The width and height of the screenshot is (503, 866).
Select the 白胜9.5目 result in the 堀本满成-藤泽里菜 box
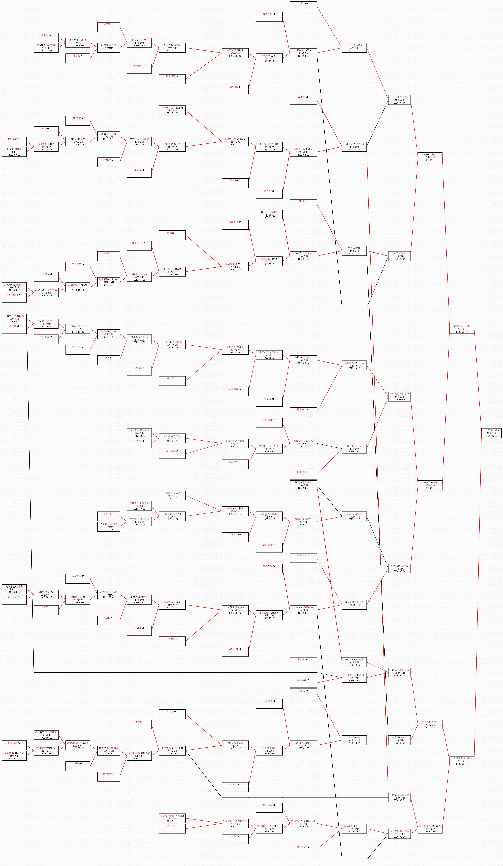46,48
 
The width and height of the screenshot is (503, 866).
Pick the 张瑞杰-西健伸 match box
14,152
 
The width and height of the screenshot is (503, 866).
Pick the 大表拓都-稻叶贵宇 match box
14,756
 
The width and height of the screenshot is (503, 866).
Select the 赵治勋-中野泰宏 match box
303,485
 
